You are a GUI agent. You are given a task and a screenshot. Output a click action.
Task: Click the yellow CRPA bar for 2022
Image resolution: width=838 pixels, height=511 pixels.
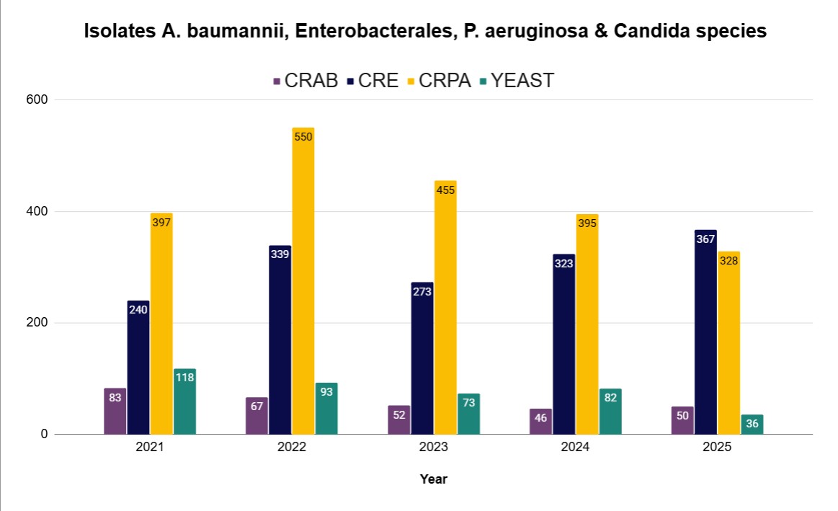303,281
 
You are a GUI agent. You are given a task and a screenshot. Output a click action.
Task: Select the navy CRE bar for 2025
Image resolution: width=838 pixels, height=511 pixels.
705,332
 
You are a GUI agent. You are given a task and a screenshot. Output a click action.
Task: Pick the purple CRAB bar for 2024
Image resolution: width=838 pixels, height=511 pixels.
540,422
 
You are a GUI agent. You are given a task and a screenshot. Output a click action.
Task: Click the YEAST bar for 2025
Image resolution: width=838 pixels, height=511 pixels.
752,425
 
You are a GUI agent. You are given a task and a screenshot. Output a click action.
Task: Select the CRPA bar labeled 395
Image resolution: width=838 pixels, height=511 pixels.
587,324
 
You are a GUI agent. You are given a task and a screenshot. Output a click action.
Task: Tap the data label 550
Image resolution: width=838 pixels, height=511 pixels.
303,136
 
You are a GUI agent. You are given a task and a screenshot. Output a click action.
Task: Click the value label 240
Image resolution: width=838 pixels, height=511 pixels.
138,309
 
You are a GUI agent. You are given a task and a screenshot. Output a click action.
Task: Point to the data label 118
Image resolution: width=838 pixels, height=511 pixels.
184,377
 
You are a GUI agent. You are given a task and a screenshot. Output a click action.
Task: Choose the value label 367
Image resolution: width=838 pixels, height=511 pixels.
705,239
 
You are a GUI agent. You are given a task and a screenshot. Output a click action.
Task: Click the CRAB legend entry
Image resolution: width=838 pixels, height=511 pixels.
306,80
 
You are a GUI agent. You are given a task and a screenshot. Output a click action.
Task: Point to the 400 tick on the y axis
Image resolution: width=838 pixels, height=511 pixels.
36,211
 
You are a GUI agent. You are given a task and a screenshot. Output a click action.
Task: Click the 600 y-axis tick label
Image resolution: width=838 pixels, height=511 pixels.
36,99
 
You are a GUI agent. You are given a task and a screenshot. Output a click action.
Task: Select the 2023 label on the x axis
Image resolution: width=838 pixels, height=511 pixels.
434,447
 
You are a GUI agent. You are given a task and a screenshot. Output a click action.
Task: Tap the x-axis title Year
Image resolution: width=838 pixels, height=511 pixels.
434,479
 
